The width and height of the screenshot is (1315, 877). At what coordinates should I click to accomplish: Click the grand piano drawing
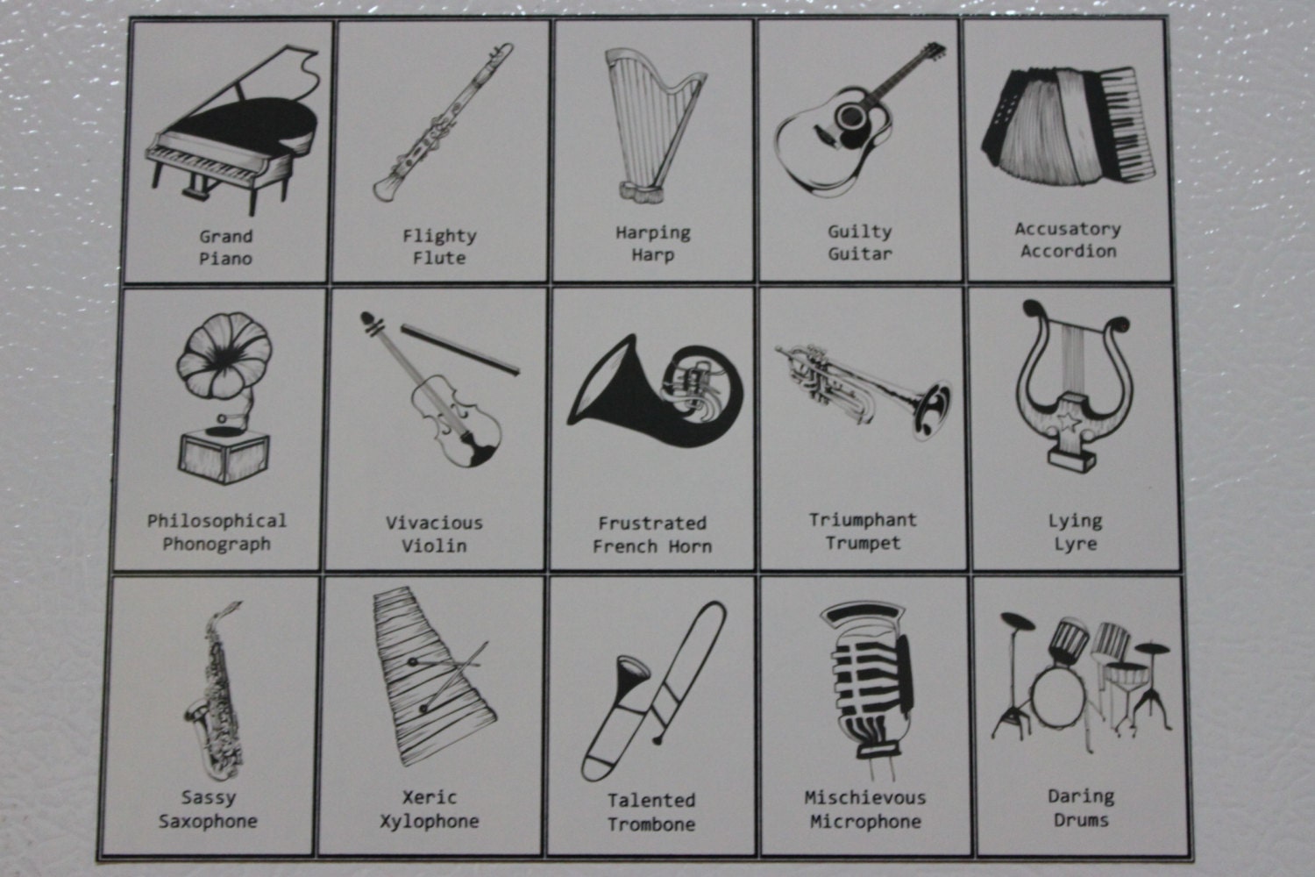pos(232,132)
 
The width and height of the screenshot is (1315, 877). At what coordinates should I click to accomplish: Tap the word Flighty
pos(439,235)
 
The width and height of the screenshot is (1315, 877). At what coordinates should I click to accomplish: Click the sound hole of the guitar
pos(849,117)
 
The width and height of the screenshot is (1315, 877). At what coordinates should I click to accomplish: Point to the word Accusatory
pos(1067,229)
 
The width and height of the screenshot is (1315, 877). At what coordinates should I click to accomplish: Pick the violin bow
pos(460,346)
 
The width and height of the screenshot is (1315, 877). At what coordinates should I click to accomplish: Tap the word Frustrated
pos(651,523)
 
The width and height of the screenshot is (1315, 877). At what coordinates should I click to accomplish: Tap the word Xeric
pos(429,797)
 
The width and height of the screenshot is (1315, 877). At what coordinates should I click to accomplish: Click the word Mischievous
pos(864,797)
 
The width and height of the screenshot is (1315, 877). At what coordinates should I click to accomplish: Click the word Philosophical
pos(217,520)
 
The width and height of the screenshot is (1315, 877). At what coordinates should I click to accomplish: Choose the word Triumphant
pos(863,519)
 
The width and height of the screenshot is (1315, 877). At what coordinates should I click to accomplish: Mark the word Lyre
pos(1075,544)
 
